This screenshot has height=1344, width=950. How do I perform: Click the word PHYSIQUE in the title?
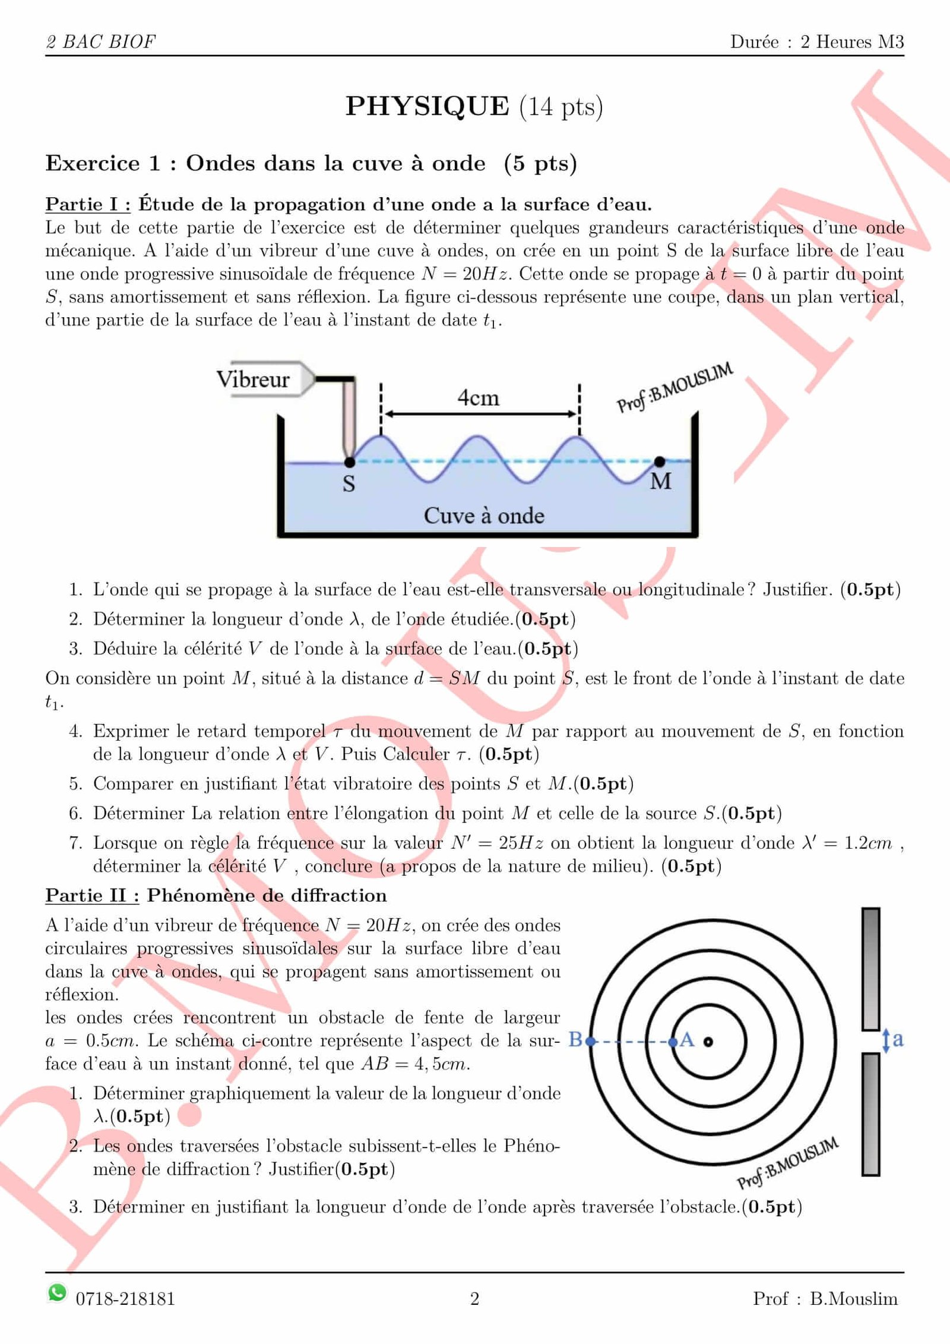click(427, 107)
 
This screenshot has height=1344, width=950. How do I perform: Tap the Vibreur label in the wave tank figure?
click(253, 379)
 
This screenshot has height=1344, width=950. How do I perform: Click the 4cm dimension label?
click(478, 397)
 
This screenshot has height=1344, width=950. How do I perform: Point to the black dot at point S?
click(350, 461)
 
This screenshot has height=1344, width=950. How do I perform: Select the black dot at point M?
click(659, 461)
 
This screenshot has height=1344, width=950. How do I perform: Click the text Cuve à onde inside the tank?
click(483, 516)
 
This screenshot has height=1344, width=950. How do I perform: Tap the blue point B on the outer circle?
click(590, 1041)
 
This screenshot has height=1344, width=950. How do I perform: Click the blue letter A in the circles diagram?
click(687, 1039)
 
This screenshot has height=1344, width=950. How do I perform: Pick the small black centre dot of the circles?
click(708, 1041)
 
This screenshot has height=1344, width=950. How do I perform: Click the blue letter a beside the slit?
click(898, 1039)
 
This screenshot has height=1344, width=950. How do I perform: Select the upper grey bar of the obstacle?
click(871, 968)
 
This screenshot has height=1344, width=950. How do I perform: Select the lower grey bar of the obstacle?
click(871, 1114)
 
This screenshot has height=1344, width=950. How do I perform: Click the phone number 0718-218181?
click(125, 1299)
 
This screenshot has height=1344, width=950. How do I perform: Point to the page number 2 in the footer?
click(474, 1299)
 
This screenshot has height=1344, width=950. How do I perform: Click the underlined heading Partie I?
click(88, 204)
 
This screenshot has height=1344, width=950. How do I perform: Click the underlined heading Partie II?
click(92, 895)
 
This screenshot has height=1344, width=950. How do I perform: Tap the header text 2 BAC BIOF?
click(101, 42)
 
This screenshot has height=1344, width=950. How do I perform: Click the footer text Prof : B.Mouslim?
click(825, 1298)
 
